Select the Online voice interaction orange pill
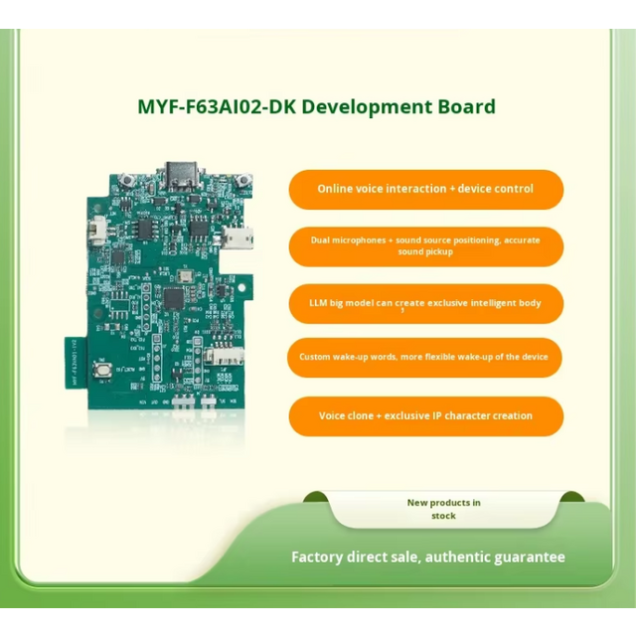click(x=425, y=189)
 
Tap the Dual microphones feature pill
click(x=425, y=246)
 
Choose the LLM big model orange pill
click(x=425, y=303)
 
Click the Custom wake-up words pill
click(x=425, y=357)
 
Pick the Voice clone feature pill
click(x=425, y=416)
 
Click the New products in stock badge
click(x=443, y=509)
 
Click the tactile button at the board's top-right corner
click(x=238, y=184)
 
